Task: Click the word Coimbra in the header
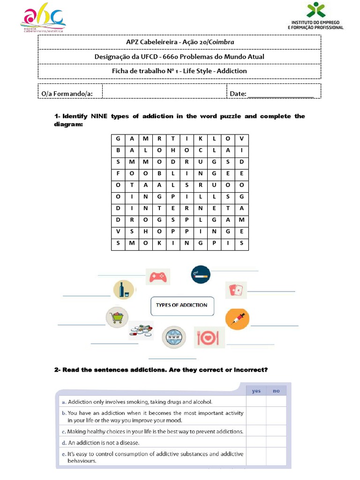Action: [x=221, y=42]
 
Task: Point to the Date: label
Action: [x=238, y=94]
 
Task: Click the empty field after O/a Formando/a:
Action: [x=164, y=92]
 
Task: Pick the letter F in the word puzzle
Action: [x=118, y=173]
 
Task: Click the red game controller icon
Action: [x=157, y=277]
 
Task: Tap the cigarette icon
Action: [x=200, y=275]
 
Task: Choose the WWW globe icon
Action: [x=173, y=337]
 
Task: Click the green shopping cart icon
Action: [x=117, y=317]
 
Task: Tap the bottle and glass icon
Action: [x=124, y=290]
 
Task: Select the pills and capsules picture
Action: [x=142, y=330]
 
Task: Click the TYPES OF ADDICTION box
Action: [x=181, y=305]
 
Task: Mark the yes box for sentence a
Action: [x=256, y=401]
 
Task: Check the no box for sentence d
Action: [x=276, y=442]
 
